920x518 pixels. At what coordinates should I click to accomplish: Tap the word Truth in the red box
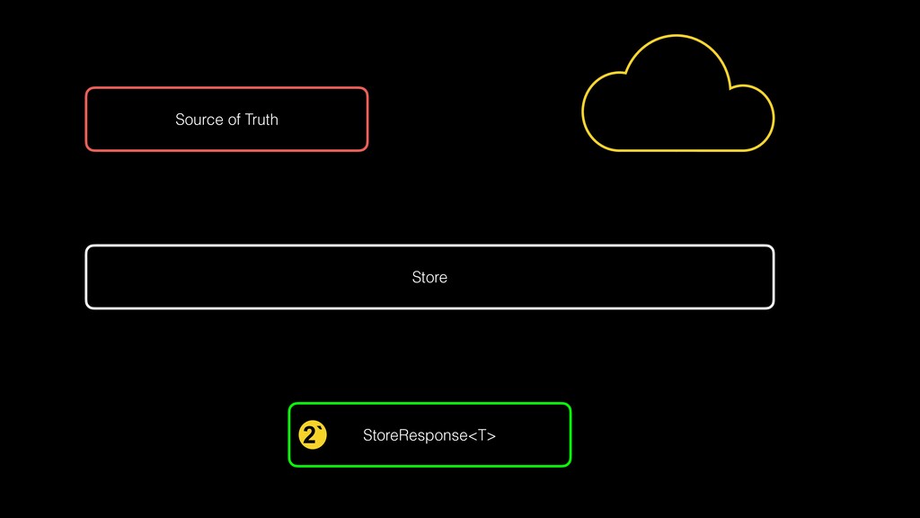(261, 120)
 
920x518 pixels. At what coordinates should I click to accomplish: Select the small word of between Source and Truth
(234, 120)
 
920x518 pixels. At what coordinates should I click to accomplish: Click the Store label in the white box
(429, 277)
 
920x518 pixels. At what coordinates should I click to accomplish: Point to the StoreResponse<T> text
(429, 436)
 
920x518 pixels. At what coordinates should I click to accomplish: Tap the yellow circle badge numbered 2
(312, 435)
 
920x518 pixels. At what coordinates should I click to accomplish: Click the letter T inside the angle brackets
(482, 436)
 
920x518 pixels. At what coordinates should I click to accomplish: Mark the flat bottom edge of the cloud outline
(678, 150)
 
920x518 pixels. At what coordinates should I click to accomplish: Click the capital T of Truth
(249, 120)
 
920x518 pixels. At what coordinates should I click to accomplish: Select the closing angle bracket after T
(491, 436)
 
